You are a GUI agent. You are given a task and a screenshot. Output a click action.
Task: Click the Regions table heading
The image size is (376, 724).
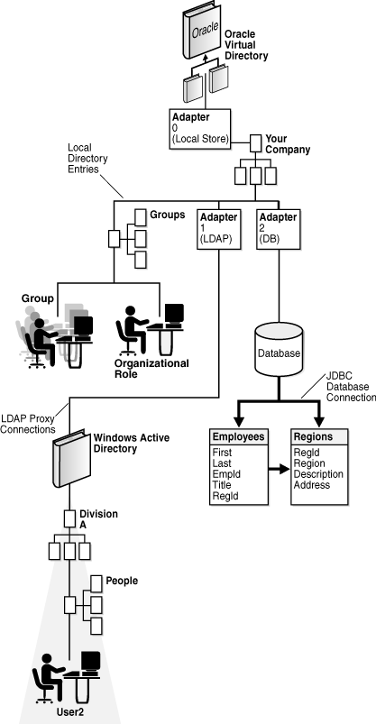(313, 435)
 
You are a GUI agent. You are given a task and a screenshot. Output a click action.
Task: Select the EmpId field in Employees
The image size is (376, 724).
(225, 472)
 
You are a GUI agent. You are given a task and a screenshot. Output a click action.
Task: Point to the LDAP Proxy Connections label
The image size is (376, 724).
(28, 423)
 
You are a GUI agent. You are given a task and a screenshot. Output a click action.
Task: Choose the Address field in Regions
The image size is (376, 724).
(312, 484)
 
